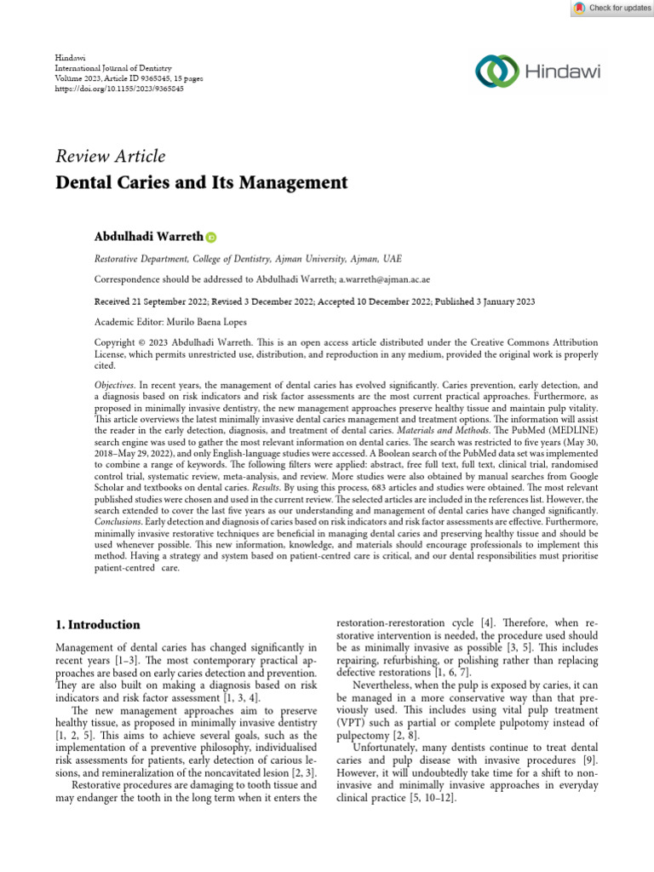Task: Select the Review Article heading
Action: pyautogui.click(x=110, y=157)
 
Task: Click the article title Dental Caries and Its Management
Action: pyautogui.click(x=201, y=182)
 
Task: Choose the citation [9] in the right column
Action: pyautogui.click(x=588, y=760)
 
